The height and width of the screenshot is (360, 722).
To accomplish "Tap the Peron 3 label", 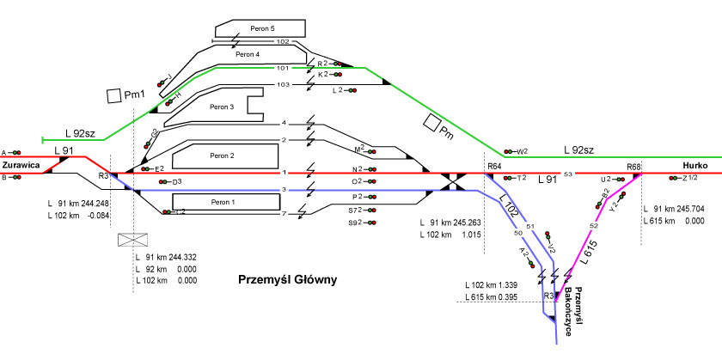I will [x=222, y=107].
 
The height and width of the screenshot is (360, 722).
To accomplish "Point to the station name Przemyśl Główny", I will [x=288, y=280].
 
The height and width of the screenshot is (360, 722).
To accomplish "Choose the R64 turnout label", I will [x=494, y=166].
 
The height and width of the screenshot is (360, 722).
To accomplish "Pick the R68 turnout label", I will [x=634, y=166].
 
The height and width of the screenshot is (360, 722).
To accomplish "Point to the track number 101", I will [x=283, y=68].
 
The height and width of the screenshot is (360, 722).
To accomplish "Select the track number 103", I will [x=283, y=84].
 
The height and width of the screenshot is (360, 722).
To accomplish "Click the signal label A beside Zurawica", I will [x=4, y=151].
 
